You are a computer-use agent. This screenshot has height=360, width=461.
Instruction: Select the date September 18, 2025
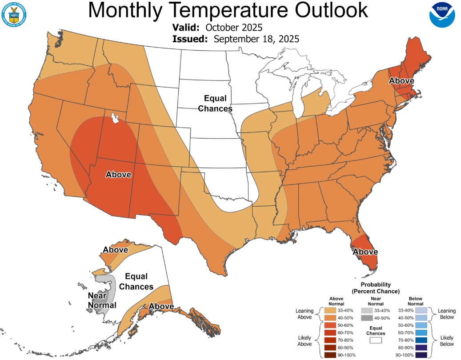tap(256, 39)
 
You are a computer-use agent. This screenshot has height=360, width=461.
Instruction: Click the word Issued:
tap(190, 39)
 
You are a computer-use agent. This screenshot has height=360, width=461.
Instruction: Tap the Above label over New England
tap(401, 81)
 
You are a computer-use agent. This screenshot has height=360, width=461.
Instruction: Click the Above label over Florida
tap(365, 252)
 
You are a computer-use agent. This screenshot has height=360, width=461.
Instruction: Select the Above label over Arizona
tap(118, 175)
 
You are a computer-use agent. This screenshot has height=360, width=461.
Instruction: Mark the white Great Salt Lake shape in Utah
tap(114, 118)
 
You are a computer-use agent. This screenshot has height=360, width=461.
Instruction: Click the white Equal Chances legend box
tap(376, 340)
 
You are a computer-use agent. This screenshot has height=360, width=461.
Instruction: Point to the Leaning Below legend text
tap(447, 314)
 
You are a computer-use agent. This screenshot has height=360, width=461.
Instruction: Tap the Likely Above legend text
tap(304, 341)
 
